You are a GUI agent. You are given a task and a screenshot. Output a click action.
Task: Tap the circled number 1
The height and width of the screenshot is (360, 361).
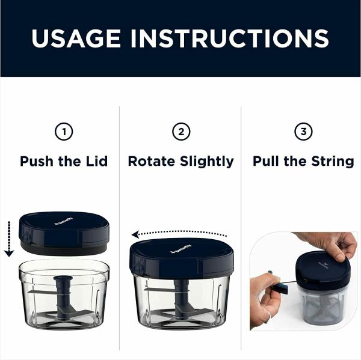click(64, 132)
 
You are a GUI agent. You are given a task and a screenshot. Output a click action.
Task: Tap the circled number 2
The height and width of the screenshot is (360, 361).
click(180, 132)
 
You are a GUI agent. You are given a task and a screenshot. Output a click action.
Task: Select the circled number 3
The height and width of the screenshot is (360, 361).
click(303, 132)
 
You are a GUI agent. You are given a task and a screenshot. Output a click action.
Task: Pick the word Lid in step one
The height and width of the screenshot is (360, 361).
click(97, 161)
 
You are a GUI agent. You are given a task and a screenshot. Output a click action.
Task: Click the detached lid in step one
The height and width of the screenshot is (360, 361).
click(64, 231)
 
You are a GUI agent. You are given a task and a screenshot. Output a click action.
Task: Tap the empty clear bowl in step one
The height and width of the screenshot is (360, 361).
click(64, 294)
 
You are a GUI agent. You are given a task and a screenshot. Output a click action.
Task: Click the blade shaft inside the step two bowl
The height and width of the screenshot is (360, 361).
click(182, 297)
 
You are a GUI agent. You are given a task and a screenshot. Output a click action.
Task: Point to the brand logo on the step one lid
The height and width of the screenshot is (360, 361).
click(63, 222)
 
